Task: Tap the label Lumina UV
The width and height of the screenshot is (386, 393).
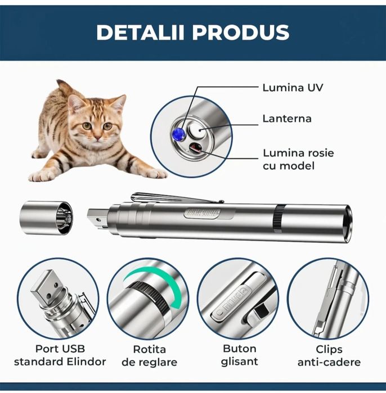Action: point(293,88)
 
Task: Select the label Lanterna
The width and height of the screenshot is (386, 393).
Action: point(286,119)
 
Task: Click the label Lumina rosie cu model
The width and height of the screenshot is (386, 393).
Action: point(293,159)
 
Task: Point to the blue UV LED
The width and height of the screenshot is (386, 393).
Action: point(178,133)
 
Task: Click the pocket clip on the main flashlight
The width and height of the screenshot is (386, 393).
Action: point(174,198)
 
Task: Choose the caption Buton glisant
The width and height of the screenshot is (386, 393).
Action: point(240,355)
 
